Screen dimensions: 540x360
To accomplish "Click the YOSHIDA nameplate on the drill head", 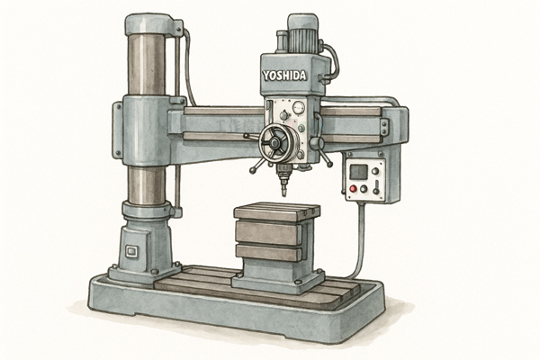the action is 284,76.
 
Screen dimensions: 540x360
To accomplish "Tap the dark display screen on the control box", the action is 358,172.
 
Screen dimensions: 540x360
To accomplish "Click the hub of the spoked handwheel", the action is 274,142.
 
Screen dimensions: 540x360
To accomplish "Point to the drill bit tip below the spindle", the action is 284,194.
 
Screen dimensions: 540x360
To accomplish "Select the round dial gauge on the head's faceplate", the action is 299,107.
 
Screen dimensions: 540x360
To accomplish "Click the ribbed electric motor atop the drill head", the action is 302,35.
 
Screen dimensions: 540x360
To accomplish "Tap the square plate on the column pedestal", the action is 131,251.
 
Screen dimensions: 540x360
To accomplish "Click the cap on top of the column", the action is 148,24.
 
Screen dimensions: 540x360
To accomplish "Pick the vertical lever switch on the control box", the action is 376,186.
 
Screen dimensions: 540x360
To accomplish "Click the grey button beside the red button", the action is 364,188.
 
